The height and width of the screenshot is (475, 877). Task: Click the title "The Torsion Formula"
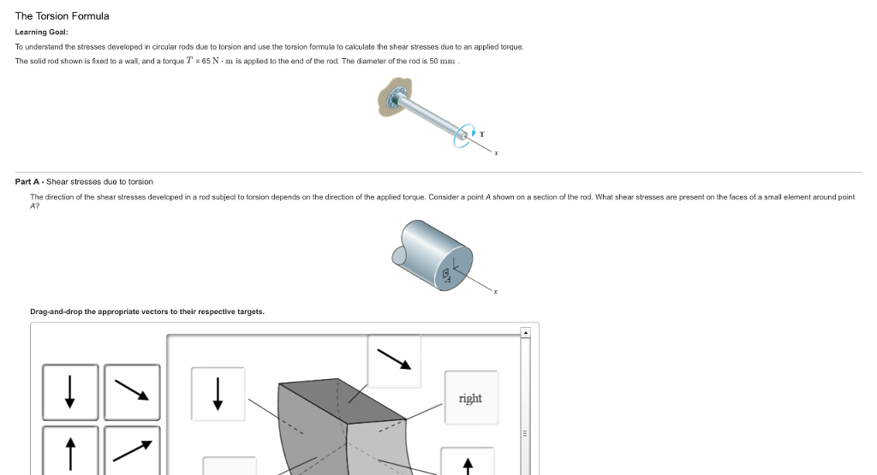pos(62,16)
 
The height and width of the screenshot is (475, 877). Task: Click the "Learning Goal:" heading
pos(41,32)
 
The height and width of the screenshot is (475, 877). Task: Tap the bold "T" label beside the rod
pos(481,134)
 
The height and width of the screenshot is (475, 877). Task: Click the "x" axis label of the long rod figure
pos(496,153)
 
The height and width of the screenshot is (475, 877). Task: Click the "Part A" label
pos(28,181)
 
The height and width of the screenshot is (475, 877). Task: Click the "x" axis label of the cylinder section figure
pos(496,292)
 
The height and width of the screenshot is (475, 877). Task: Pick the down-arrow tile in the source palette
pos(70,391)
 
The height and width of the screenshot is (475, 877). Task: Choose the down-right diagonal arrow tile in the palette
pos(132,391)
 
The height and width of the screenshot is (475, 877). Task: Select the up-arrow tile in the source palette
pos(70,449)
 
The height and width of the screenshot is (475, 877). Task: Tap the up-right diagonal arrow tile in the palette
pos(132,449)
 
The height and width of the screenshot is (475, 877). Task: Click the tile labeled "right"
pos(470,398)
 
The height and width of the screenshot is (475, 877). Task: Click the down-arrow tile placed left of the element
pos(218,394)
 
